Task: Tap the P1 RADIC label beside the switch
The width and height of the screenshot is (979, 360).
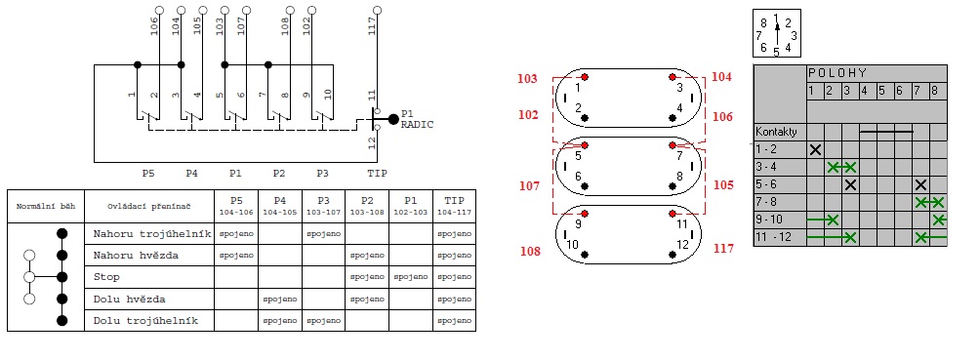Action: tap(417, 119)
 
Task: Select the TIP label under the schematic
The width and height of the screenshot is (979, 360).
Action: tap(377, 173)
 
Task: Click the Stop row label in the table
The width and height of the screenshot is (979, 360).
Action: tap(106, 276)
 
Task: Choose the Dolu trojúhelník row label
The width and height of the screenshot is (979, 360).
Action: tap(145, 321)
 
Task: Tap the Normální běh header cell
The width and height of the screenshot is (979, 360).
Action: tap(46, 206)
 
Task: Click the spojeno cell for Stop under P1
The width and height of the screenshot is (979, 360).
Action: tap(411, 277)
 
